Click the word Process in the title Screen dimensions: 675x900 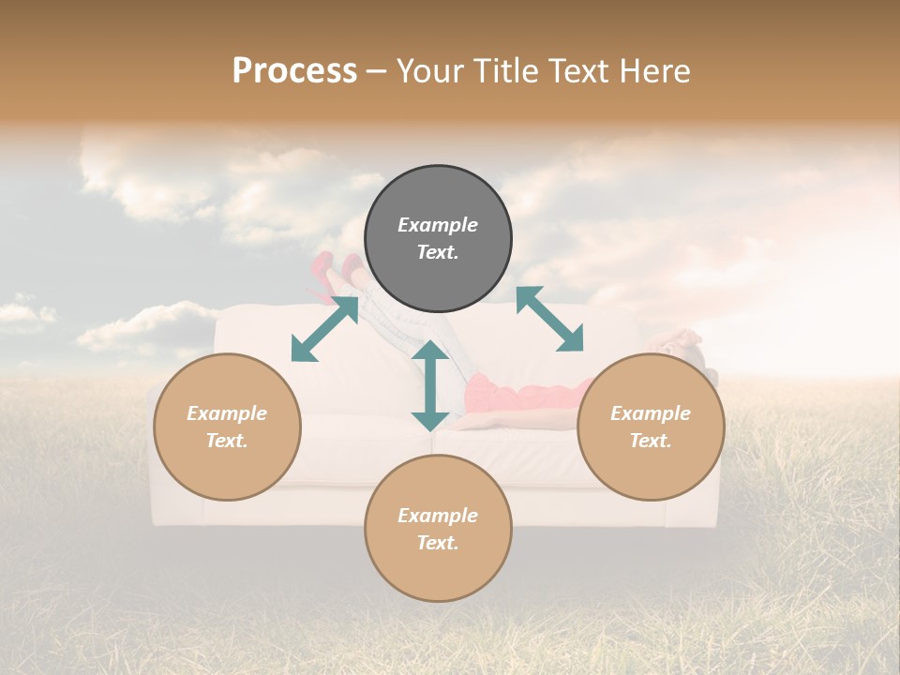click(294, 71)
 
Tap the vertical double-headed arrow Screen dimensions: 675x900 click(430, 385)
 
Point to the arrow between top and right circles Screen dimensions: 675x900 click(549, 319)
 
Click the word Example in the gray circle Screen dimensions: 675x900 click(438, 225)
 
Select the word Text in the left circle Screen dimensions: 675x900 click(227, 441)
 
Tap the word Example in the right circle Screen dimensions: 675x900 click(651, 413)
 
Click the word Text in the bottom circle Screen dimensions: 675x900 click(438, 543)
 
